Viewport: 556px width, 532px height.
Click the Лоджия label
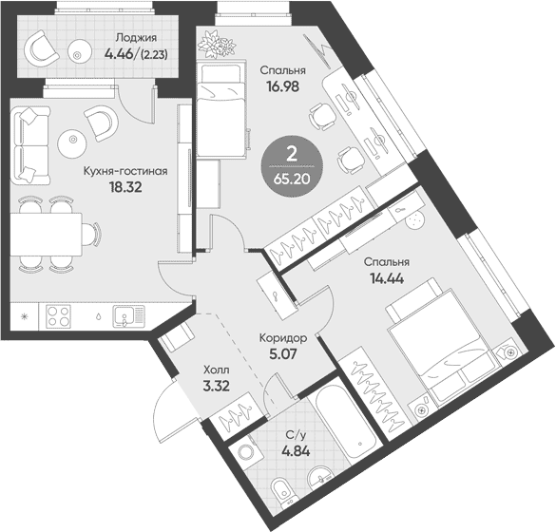136,38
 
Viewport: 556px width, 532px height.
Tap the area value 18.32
125,187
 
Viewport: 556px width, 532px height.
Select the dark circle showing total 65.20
292,166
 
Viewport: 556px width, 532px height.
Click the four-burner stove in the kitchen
58,316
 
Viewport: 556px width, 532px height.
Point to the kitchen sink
128,316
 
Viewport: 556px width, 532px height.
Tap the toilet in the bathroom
282,490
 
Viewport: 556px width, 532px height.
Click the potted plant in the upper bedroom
217,45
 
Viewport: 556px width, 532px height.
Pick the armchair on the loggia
41,48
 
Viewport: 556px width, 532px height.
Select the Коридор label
283,338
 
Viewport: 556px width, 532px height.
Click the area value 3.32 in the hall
217,386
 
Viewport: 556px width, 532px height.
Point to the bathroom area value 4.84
296,451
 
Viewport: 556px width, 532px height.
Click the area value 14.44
387,278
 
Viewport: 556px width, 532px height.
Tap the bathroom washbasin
321,476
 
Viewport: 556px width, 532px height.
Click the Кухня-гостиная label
125,171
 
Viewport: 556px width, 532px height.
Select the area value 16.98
283,86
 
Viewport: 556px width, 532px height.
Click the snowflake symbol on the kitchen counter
25,316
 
